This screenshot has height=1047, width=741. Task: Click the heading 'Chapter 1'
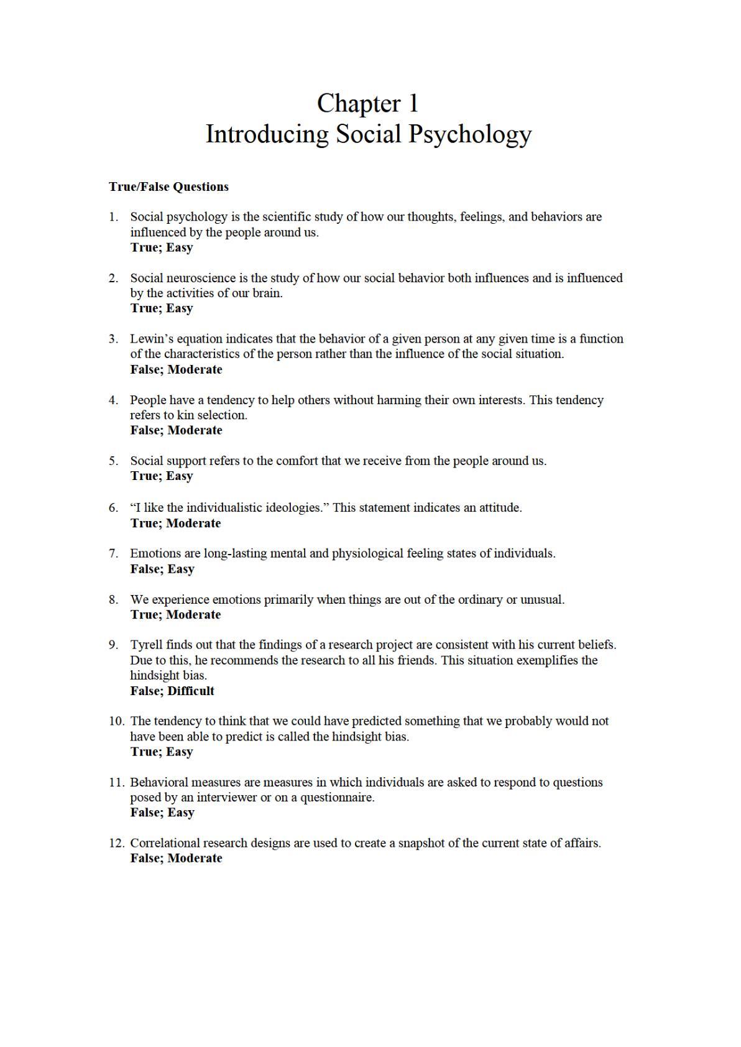pyautogui.click(x=368, y=103)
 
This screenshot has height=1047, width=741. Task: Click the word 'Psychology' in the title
pyautogui.click(x=471, y=134)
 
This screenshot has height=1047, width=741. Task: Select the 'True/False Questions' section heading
pyautogui.click(x=168, y=187)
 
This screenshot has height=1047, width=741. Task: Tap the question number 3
pyautogui.click(x=113, y=339)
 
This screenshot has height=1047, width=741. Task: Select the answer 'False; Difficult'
pyautogui.click(x=172, y=691)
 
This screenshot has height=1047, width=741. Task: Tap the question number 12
pyautogui.click(x=116, y=843)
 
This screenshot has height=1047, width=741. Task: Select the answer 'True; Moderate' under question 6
pyautogui.click(x=175, y=523)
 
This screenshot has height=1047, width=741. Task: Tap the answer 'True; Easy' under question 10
pyautogui.click(x=162, y=752)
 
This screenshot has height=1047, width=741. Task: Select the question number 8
pyautogui.click(x=113, y=600)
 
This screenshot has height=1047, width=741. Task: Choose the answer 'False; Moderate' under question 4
pyautogui.click(x=176, y=430)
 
